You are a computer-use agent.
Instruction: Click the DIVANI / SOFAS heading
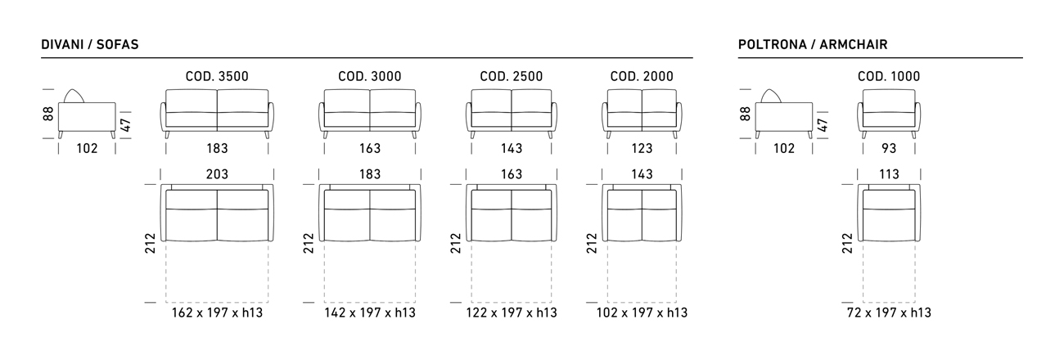[x=90, y=45]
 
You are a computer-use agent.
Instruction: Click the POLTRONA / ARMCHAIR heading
[x=812, y=45]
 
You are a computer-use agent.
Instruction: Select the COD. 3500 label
[x=217, y=76]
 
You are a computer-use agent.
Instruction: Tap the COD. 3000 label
[x=370, y=76]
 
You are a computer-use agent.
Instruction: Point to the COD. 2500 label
[x=511, y=76]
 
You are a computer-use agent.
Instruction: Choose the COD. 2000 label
[x=642, y=76]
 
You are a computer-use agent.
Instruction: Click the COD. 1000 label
[x=889, y=76]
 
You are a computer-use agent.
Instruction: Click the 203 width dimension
[x=217, y=174]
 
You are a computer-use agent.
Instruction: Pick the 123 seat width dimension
[x=642, y=149]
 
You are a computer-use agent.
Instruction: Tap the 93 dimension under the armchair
[x=889, y=149]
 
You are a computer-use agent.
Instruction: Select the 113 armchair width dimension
[x=889, y=174]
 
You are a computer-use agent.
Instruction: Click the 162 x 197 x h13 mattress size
[x=217, y=313]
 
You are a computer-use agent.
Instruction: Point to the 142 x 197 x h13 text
[x=370, y=313]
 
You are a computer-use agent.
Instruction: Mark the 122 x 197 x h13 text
[x=511, y=313]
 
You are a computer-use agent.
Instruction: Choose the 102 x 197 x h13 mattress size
[x=642, y=313]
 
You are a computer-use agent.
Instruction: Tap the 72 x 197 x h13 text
[x=889, y=313]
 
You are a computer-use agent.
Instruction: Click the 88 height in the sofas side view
[x=48, y=114]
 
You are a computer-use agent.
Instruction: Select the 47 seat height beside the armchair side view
[x=823, y=125]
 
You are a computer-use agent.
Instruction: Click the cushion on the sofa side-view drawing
[x=74, y=96]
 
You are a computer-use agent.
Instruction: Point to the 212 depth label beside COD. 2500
[x=456, y=243]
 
